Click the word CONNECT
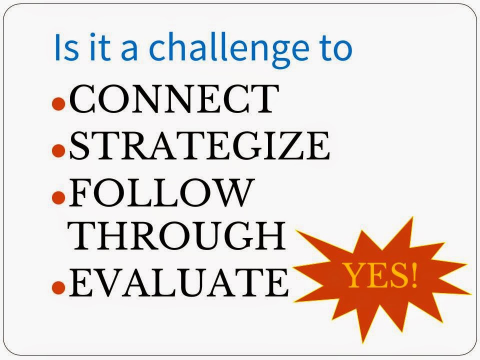coord(174,98)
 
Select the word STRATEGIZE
coord(199,145)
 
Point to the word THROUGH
coord(176,235)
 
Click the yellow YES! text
coord(381,275)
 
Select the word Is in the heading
coord(66,47)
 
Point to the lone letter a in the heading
coord(129,50)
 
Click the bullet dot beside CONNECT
coord(58,103)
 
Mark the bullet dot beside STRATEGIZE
coord(58,150)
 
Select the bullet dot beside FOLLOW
coord(58,197)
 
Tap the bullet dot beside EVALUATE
coord(58,287)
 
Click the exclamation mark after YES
coord(413,275)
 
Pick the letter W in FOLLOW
coord(232,192)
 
